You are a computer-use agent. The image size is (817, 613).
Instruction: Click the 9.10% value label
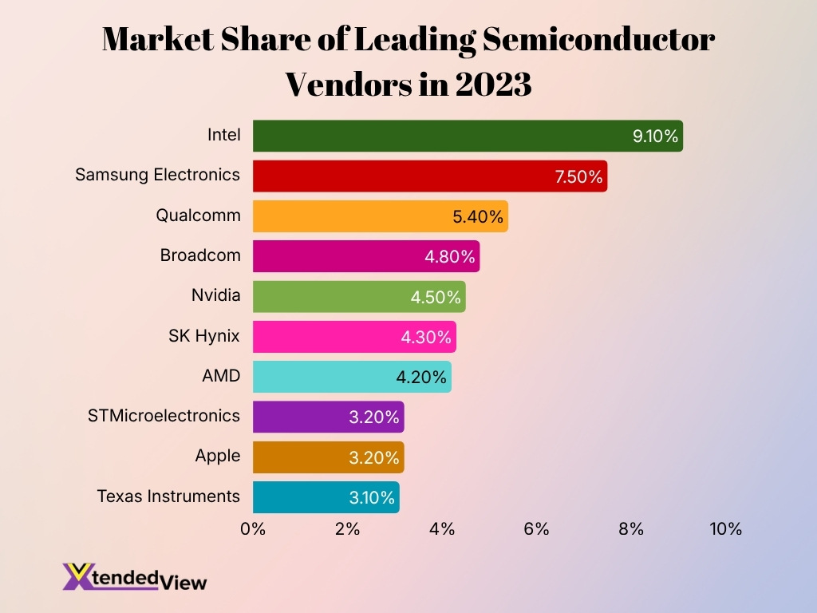[x=655, y=136]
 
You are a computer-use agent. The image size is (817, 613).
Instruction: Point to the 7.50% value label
[x=579, y=176]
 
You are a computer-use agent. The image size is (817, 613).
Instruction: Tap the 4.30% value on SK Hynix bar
[x=428, y=337]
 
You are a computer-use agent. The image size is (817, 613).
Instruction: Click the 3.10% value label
[x=372, y=497]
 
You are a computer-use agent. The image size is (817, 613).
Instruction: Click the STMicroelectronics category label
[x=164, y=415]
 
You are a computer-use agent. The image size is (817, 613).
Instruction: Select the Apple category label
[x=217, y=456]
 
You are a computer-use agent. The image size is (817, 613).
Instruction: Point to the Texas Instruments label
[x=168, y=496]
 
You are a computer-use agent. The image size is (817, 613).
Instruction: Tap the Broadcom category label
[x=199, y=255]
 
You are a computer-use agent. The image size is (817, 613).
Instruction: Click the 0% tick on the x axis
[x=253, y=528]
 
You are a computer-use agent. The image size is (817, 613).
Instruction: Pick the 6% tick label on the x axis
[x=536, y=528]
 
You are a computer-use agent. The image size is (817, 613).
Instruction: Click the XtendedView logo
[x=135, y=576]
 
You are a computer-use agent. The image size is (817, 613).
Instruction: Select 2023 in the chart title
[x=493, y=84]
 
